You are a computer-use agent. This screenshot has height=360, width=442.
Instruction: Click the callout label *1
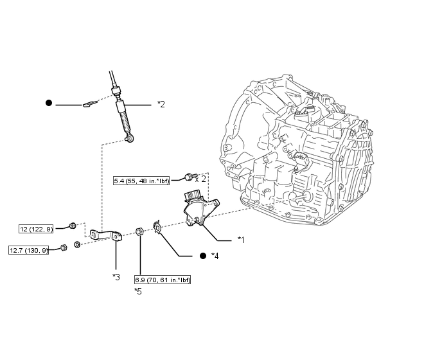pyautogui.click(x=241, y=240)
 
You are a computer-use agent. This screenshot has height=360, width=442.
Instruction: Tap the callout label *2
pyautogui.click(x=161, y=104)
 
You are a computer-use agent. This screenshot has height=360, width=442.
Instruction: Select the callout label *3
pyautogui.click(x=116, y=277)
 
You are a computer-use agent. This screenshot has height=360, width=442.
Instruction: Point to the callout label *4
pyautogui.click(x=215, y=256)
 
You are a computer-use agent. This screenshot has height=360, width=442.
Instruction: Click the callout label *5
pyautogui.click(x=138, y=291)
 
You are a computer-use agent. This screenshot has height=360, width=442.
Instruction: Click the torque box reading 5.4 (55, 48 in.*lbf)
pyautogui.click(x=141, y=181)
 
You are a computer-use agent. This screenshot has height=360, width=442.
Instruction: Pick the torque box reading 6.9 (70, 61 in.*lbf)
pyautogui.click(x=163, y=280)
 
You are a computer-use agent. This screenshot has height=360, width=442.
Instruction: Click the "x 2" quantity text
pyautogui.click(x=200, y=179)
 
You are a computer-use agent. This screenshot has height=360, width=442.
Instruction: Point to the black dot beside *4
pyautogui.click(x=203, y=256)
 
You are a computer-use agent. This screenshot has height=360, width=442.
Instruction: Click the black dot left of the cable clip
pyautogui.click(x=49, y=103)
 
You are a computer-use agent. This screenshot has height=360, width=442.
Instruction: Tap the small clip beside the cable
pyautogui.click(x=90, y=104)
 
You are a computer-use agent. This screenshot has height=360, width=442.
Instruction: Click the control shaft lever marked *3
pyautogui.click(x=106, y=235)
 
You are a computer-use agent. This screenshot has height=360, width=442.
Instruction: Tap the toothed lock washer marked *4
pyautogui.click(x=157, y=227)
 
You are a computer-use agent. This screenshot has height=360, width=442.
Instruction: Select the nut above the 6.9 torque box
pyautogui.click(x=139, y=231)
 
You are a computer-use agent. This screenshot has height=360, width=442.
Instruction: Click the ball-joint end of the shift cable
pyautogui.click(x=130, y=138)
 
